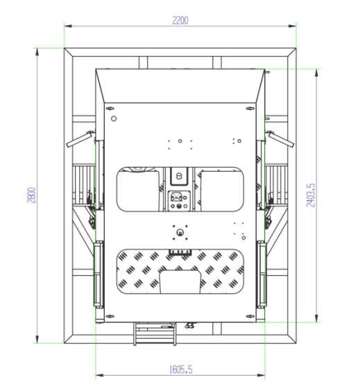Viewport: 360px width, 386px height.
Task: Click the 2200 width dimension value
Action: point(180,20)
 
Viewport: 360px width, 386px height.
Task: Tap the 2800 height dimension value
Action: point(31,195)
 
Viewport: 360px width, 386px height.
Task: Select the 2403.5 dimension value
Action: point(311,195)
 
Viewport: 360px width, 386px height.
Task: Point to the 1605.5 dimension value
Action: point(181,369)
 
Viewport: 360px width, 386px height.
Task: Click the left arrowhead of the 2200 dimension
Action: point(68,26)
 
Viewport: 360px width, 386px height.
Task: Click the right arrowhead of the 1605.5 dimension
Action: point(261,376)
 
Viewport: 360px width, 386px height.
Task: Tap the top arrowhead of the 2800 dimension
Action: point(37,52)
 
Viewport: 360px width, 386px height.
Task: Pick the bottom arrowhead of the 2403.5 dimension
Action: point(316,318)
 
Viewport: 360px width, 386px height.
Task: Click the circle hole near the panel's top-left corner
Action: point(114,119)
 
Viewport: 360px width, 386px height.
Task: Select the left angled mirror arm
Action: point(80,139)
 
